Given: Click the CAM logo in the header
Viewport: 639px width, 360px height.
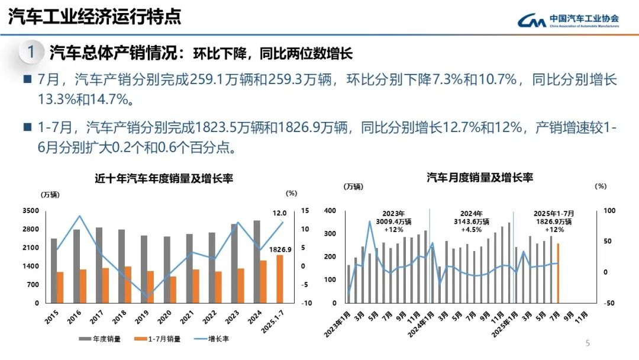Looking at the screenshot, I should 532,21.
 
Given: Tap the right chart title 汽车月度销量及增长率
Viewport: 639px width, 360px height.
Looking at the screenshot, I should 480,177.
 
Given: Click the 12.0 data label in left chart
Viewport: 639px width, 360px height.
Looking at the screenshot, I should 279,213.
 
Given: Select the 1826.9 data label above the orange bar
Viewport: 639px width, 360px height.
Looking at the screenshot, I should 280,249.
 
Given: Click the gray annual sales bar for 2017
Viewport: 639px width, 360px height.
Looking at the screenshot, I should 99,265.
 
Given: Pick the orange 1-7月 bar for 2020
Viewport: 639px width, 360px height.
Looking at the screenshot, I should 173,290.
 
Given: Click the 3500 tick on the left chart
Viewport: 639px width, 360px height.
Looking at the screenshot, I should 31,211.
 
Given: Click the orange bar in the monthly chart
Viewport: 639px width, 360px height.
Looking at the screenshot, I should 557,273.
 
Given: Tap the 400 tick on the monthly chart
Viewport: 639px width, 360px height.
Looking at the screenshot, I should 330,211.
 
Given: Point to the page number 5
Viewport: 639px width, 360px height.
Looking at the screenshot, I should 588,343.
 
